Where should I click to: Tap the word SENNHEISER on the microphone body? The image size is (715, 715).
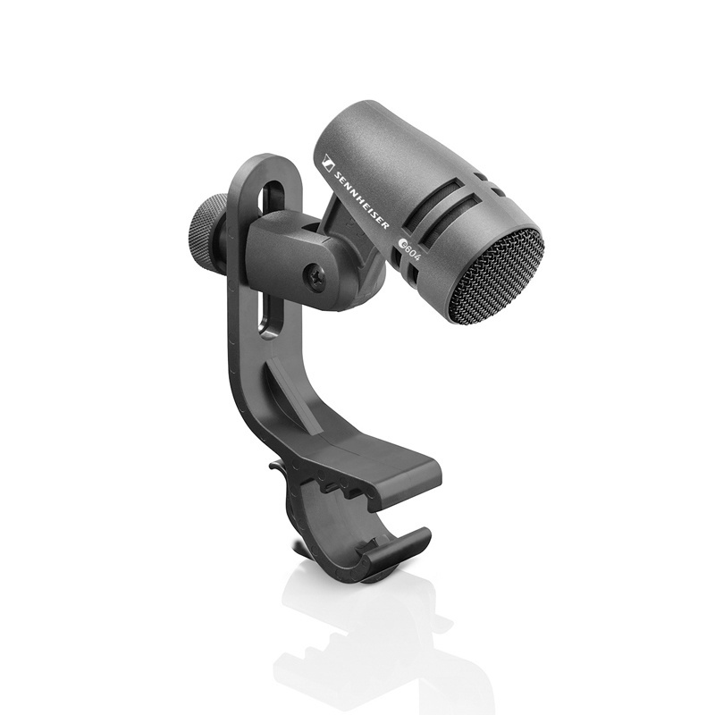362,201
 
